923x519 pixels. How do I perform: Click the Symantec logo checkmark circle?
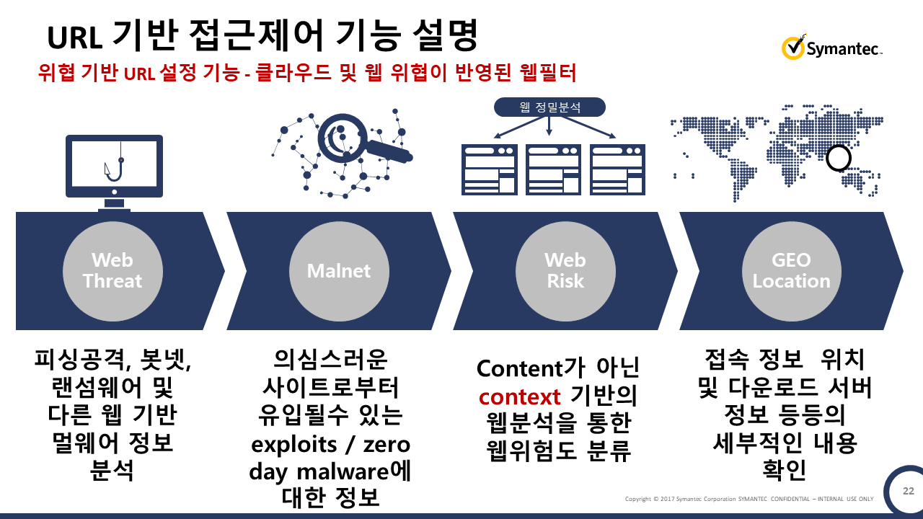(x=793, y=48)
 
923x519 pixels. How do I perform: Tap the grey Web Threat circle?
(x=112, y=271)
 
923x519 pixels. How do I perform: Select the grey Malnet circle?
(x=339, y=271)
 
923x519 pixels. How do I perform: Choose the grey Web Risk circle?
(x=565, y=271)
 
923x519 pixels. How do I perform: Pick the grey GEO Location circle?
(x=792, y=271)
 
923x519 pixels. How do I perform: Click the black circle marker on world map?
(x=839, y=158)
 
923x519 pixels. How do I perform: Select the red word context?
(x=519, y=396)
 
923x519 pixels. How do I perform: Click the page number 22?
(x=909, y=491)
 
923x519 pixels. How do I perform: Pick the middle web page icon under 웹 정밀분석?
(x=553, y=169)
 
